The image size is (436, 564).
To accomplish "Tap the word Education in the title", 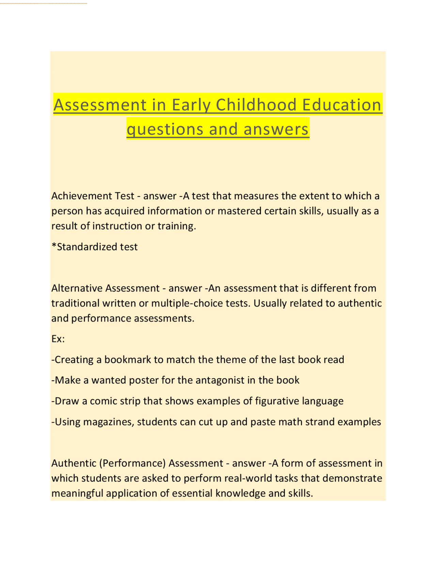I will point(342,105).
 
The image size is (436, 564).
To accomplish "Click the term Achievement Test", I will point(93,196).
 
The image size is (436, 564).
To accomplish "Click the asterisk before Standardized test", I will point(54,246).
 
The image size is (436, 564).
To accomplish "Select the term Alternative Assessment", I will point(105,288).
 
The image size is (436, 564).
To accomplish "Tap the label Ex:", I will point(58,339).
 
